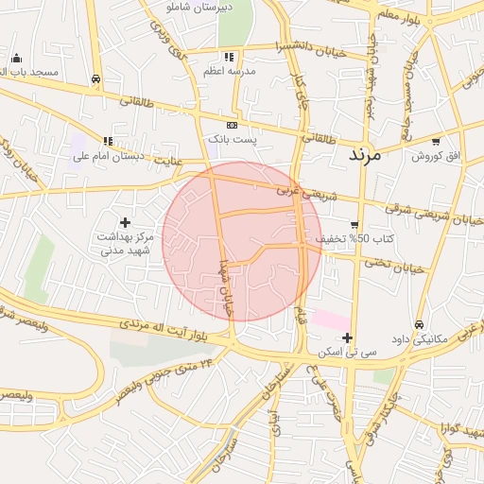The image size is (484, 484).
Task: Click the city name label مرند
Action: pyautogui.click(x=364, y=154)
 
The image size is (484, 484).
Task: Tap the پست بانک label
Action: pyautogui.click(x=233, y=139)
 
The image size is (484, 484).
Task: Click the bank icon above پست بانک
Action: pyautogui.click(x=233, y=125)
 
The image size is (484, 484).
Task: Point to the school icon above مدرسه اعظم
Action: pyautogui.click(x=229, y=58)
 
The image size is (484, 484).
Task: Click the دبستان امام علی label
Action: pyautogui.click(x=109, y=156)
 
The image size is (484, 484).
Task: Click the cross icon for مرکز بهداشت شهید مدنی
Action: pyautogui.click(x=125, y=221)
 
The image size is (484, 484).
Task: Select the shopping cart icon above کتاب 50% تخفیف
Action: pyautogui.click(x=354, y=224)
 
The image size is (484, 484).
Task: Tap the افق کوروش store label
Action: pyautogui.click(x=435, y=156)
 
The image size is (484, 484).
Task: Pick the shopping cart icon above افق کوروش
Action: pyautogui.click(x=435, y=142)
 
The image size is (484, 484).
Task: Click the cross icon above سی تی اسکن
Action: pyautogui.click(x=348, y=337)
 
